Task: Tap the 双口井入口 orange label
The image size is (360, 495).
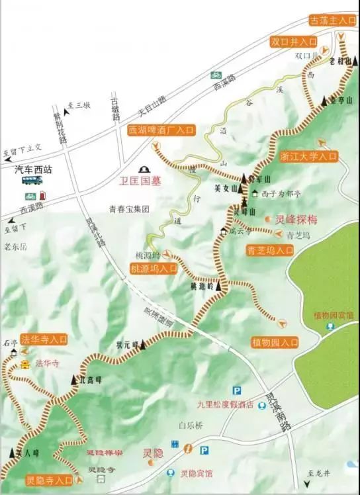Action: click(294, 42)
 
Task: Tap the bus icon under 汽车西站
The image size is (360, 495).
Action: click(32, 180)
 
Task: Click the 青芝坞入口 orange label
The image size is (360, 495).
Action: click(270, 250)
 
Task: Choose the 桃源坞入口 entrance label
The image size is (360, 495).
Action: click(154, 269)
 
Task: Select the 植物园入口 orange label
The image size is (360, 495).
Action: click(275, 342)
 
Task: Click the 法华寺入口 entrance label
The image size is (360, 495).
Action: click(44, 339)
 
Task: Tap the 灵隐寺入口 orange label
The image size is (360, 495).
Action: click(50, 480)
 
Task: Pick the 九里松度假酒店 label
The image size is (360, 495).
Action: click(226, 404)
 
